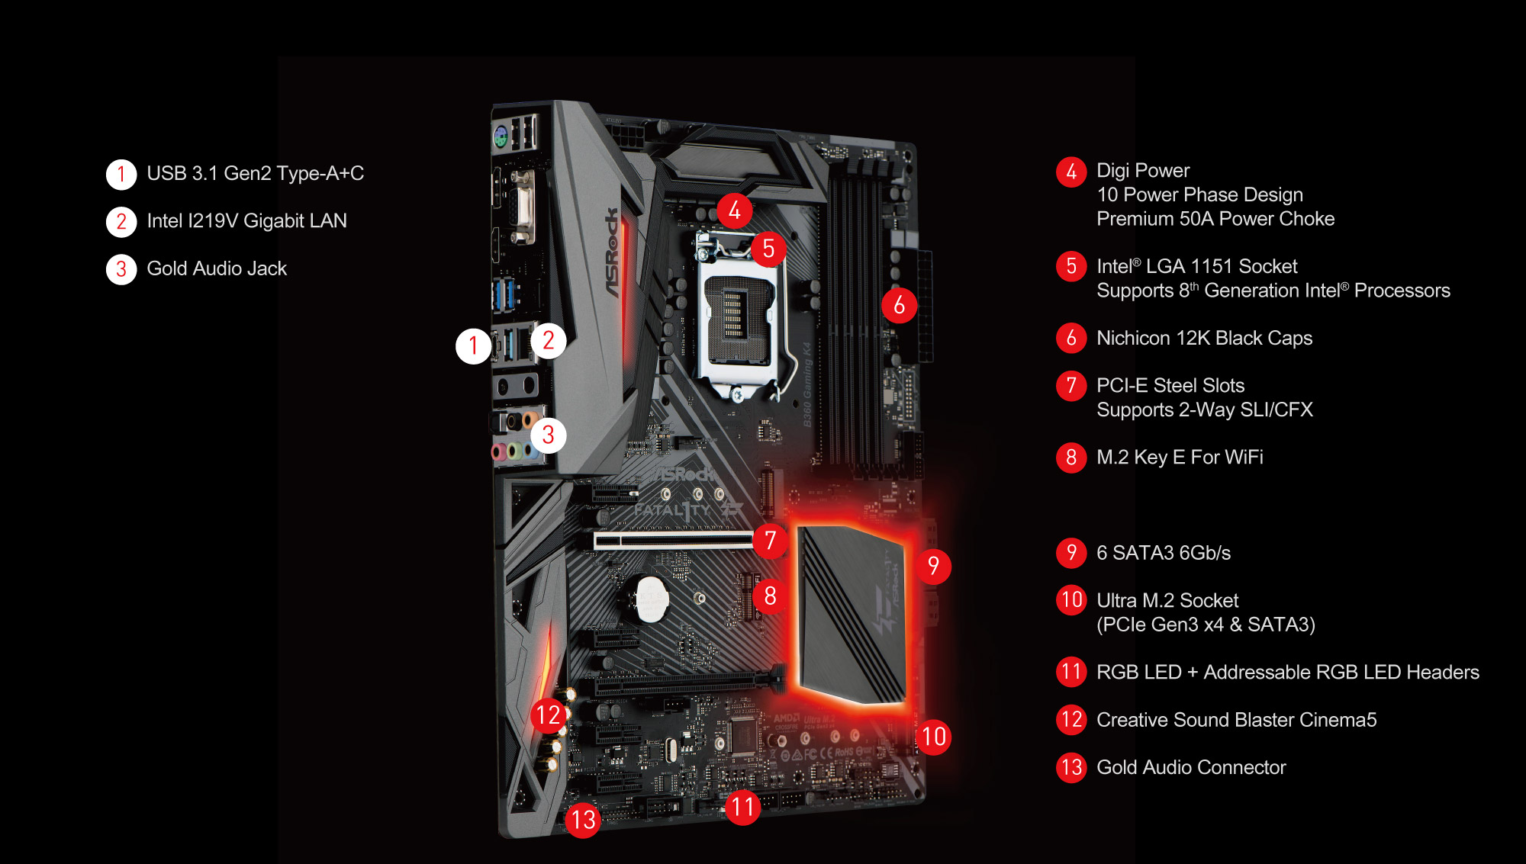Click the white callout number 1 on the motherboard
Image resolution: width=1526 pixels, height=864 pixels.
click(x=473, y=345)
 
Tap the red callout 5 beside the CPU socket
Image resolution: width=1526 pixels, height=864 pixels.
click(x=768, y=249)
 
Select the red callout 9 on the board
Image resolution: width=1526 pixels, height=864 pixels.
click(x=933, y=566)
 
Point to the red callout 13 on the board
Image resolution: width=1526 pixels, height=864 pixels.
click(x=584, y=820)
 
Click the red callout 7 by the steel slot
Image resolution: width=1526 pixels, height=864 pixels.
click(x=770, y=541)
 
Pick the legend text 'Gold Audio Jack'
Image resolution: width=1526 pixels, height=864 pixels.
click(x=217, y=268)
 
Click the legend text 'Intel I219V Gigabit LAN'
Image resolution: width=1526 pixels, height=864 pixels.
click(x=246, y=221)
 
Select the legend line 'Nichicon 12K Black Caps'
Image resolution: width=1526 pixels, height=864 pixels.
click(x=1204, y=338)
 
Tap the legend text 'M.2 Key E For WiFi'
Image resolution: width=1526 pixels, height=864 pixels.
click(x=1180, y=458)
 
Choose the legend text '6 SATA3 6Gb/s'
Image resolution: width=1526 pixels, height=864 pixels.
click(x=1164, y=553)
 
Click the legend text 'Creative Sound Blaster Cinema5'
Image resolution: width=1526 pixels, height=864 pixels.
click(x=1236, y=720)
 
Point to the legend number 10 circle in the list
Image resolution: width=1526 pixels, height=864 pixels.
click(x=1071, y=600)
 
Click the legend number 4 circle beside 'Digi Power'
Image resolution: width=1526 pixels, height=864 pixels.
click(x=1071, y=172)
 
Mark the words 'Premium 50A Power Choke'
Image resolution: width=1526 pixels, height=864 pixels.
click(x=1215, y=219)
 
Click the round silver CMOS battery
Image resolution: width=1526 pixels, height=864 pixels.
click(x=650, y=599)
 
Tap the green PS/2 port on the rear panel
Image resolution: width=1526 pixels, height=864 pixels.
click(x=501, y=137)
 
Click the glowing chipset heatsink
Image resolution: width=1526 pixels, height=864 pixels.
click(x=852, y=614)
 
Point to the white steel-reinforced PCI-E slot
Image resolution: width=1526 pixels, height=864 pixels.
click(x=674, y=540)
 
